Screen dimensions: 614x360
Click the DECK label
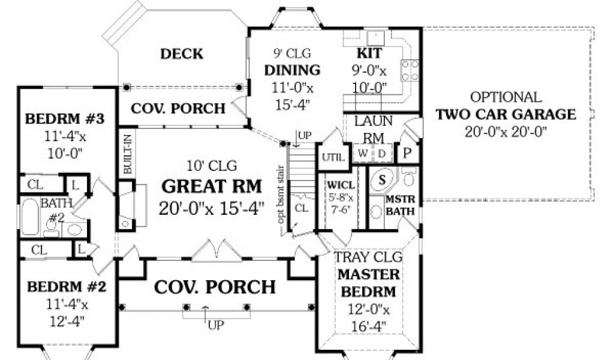point(182,53)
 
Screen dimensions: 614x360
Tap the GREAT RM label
point(212,186)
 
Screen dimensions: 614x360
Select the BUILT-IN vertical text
point(128,154)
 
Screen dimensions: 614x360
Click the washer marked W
point(363,154)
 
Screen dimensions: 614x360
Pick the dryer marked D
point(382,154)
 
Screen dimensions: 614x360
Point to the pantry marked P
point(407,153)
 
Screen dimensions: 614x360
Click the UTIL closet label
point(333,157)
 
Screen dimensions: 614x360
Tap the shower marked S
point(382,180)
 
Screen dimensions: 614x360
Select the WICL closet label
point(341,185)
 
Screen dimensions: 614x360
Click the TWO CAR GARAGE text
point(506,115)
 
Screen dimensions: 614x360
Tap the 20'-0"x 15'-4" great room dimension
point(212,208)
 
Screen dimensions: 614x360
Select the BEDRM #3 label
point(65,119)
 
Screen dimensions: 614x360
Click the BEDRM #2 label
point(67,287)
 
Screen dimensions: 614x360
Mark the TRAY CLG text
point(368,257)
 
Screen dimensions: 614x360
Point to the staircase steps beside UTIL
point(302,163)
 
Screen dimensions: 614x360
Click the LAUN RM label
point(373,129)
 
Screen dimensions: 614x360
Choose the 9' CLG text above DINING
point(292,53)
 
